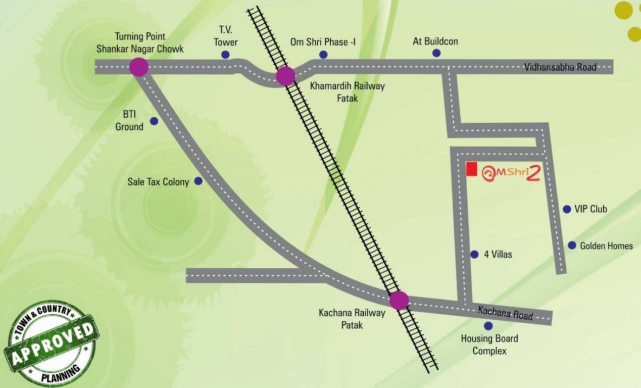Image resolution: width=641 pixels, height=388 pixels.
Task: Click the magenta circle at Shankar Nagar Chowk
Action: (x=138, y=67)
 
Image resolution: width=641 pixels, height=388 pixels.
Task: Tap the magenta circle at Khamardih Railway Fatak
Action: (x=285, y=76)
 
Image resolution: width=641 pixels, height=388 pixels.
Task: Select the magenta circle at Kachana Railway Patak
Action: (x=399, y=300)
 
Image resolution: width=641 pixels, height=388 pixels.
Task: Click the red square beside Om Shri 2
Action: (x=471, y=169)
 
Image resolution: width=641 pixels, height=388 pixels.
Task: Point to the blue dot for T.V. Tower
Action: (x=225, y=55)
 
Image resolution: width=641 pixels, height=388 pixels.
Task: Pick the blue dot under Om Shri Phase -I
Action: (x=323, y=55)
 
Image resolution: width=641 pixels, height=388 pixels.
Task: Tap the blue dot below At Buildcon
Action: (x=436, y=53)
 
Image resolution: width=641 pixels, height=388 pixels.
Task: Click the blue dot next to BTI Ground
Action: (x=154, y=121)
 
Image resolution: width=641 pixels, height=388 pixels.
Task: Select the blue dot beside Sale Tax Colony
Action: (x=199, y=181)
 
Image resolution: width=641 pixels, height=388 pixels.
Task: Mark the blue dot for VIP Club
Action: (x=567, y=209)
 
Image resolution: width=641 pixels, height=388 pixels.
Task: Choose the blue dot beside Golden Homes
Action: (x=572, y=245)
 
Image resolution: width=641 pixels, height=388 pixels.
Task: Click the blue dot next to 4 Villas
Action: (x=474, y=255)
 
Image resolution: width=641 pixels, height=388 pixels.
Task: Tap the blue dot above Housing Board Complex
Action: (x=488, y=326)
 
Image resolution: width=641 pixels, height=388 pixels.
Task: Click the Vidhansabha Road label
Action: (x=560, y=67)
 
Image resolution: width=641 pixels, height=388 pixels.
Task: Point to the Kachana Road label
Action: (x=505, y=313)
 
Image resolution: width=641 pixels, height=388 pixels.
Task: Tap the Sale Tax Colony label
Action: (x=158, y=182)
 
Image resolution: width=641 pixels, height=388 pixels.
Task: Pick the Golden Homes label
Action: (x=606, y=246)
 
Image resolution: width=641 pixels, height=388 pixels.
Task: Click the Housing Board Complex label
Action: (x=489, y=345)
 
